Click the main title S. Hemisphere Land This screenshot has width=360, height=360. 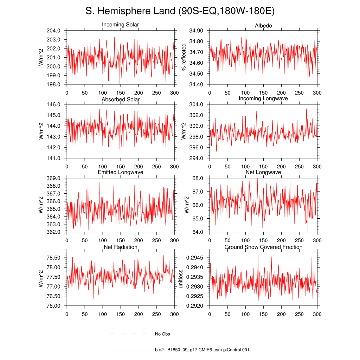[180, 11]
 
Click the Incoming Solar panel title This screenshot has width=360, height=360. [120, 25]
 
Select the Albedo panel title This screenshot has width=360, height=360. [263, 26]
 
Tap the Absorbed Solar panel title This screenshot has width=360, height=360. [120, 99]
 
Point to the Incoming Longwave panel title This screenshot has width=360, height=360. [263, 98]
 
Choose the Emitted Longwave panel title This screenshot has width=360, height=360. [120, 172]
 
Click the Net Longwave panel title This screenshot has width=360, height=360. [263, 172]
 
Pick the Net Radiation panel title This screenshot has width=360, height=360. [120, 247]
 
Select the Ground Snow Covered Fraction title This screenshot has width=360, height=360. [263, 247]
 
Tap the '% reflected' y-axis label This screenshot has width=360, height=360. [183, 58]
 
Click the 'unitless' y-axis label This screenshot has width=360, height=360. [181, 279]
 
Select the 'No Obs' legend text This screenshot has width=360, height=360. [162, 334]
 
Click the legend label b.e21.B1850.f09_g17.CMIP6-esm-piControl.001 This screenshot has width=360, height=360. [202, 350]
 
